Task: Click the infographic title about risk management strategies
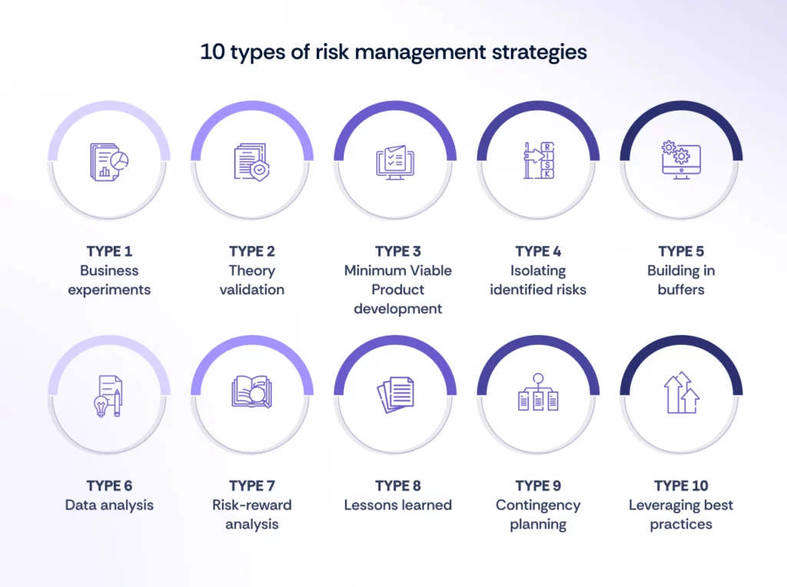tap(393, 52)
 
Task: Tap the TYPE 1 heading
tap(109, 251)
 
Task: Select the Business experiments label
tap(109, 280)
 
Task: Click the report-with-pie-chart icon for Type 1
tap(109, 161)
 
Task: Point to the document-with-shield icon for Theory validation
tap(251, 161)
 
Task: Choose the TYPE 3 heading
tap(398, 251)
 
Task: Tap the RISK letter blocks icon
tap(539, 161)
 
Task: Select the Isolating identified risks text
tap(538, 280)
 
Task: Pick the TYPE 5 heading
tap(681, 251)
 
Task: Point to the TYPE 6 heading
tap(109, 486)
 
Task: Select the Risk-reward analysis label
tap(251, 515)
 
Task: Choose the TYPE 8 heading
tap(398, 486)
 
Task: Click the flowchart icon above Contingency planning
tap(538, 393)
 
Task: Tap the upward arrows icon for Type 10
tap(681, 393)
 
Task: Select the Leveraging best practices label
tap(681, 515)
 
